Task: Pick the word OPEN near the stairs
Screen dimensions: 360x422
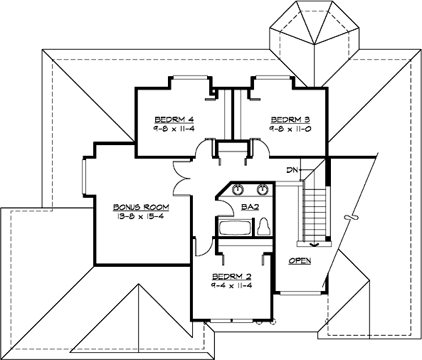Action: pos(300,261)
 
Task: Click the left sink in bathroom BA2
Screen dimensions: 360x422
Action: pos(237,190)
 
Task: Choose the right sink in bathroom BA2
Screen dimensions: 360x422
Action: pos(262,190)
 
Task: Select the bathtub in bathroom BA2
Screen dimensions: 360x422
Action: pos(234,228)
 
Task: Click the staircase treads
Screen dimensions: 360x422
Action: pos(315,210)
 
